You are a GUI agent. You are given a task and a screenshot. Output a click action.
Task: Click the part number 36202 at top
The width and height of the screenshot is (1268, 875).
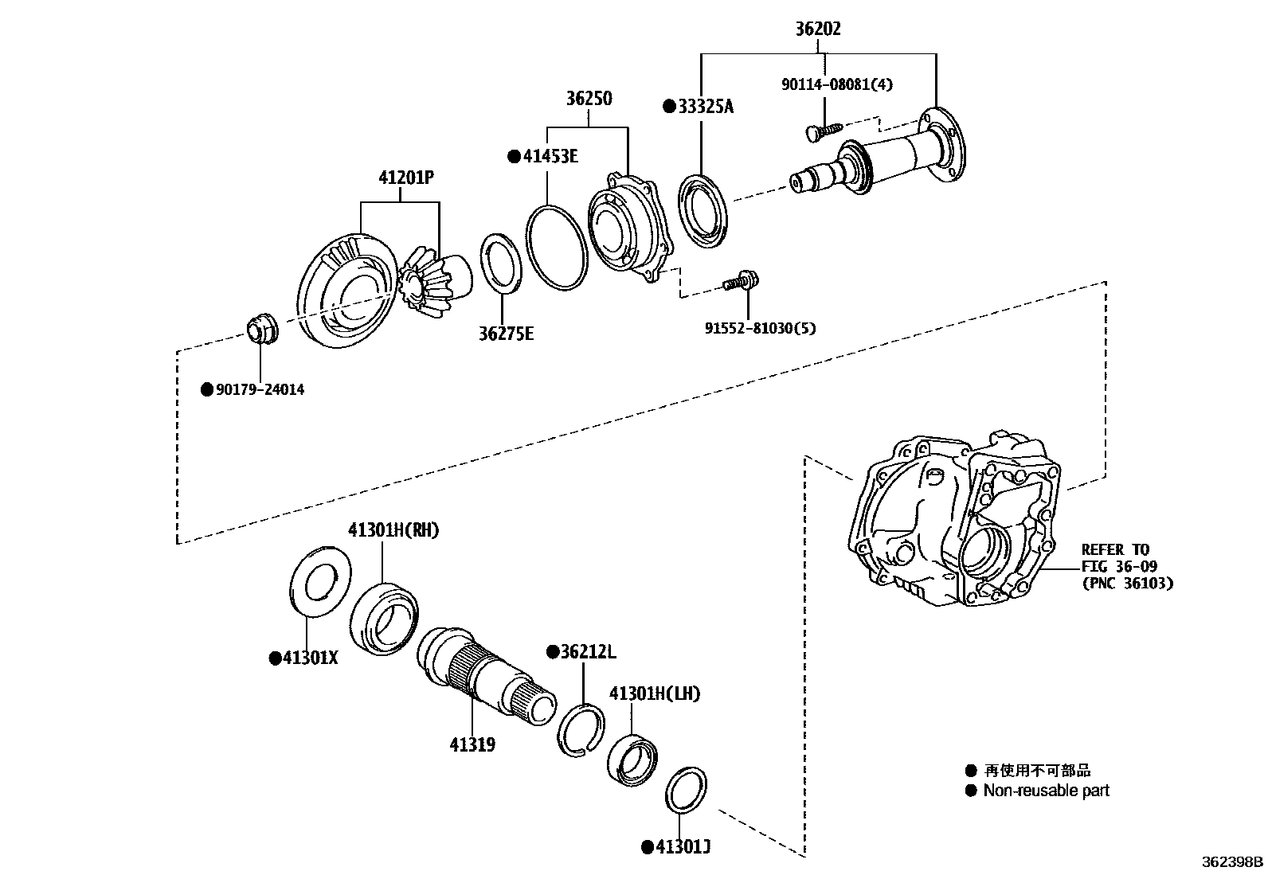pos(818,29)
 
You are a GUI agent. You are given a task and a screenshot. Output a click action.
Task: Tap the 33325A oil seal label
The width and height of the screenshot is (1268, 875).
pos(705,106)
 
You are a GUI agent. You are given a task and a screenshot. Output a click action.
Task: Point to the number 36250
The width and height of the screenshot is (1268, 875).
pos(589,99)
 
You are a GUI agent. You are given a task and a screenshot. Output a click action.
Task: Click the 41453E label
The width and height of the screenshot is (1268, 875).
pos(550,156)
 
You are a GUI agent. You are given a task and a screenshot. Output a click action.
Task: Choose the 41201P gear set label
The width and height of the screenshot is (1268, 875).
pos(406,178)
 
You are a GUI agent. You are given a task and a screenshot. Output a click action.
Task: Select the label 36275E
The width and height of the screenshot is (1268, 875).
pos(506,334)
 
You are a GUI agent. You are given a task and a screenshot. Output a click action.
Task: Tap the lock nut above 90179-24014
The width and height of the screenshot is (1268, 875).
pos(260,329)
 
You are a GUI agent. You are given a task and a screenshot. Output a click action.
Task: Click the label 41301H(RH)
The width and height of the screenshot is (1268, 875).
pos(393,530)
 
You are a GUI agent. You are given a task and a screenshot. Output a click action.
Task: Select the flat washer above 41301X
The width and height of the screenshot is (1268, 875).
pos(320,580)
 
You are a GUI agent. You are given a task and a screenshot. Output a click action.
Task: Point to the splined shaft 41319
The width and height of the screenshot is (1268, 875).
pos(486,677)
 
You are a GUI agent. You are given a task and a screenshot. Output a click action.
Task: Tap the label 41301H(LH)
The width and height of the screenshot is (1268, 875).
pos(654,694)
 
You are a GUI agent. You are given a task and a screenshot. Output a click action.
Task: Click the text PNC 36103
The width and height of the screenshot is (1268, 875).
pos(1127,583)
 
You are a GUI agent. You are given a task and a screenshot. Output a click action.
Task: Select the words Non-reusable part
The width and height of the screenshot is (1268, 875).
pos(1045,791)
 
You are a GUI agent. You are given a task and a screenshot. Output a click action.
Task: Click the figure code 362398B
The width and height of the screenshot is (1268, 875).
pos(1232,861)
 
